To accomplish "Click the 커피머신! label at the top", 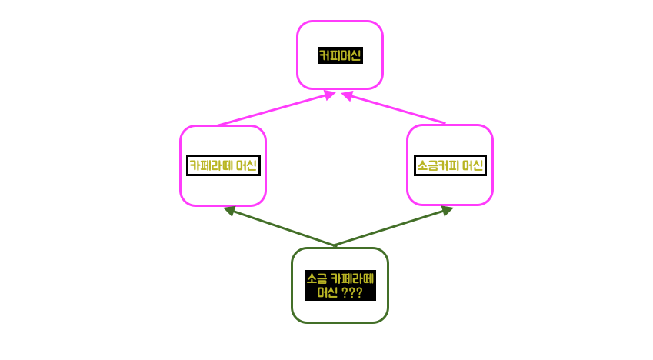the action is click(339, 55).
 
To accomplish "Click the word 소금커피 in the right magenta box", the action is click(438, 165).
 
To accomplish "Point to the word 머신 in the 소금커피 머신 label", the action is click(472, 165).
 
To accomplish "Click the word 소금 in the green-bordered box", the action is click(315, 278).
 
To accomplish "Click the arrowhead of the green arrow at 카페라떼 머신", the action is click(228, 209).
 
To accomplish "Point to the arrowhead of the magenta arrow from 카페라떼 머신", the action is click(330, 95).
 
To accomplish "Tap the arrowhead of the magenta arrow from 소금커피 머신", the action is click(347, 95).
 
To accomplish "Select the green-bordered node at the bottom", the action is click(339, 312).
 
